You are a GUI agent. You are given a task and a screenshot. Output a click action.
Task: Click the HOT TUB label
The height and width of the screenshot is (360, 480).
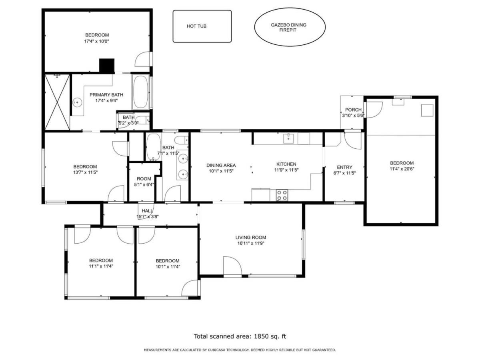(x=196, y=26)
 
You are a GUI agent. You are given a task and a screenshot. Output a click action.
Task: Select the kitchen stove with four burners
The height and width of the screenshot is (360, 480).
(x=282, y=195)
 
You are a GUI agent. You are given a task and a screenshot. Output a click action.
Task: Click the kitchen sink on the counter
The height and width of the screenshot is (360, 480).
(x=288, y=138)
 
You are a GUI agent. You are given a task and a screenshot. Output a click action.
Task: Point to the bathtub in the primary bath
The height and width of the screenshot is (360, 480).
(x=140, y=92)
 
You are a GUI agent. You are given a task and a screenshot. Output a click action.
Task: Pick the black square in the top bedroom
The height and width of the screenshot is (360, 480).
(x=107, y=66)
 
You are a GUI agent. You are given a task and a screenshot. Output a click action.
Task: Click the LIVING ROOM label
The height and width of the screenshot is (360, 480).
(x=251, y=237)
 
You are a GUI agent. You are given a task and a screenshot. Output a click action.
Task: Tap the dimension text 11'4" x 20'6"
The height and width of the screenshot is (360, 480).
(x=402, y=169)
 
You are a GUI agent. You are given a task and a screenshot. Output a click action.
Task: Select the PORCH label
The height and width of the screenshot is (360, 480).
(x=353, y=110)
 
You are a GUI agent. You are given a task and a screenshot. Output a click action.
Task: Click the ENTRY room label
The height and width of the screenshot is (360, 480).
(x=344, y=167)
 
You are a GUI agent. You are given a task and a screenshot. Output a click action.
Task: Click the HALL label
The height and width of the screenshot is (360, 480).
(x=147, y=211)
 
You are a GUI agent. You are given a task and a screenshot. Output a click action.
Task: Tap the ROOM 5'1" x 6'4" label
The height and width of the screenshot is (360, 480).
(x=144, y=182)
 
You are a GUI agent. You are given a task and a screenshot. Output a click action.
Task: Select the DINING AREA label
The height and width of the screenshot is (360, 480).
(x=221, y=166)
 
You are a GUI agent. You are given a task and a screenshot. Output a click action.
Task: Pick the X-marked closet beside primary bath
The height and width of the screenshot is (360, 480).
(x=57, y=102)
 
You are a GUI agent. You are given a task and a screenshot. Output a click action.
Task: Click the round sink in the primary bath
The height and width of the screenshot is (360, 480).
(x=77, y=102)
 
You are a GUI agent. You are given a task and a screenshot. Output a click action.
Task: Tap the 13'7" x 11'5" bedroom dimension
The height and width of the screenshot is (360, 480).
(x=85, y=172)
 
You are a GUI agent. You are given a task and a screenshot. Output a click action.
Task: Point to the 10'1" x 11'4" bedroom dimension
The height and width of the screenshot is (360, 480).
(x=168, y=266)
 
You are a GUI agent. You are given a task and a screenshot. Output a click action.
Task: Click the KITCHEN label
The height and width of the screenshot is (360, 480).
(x=286, y=164)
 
